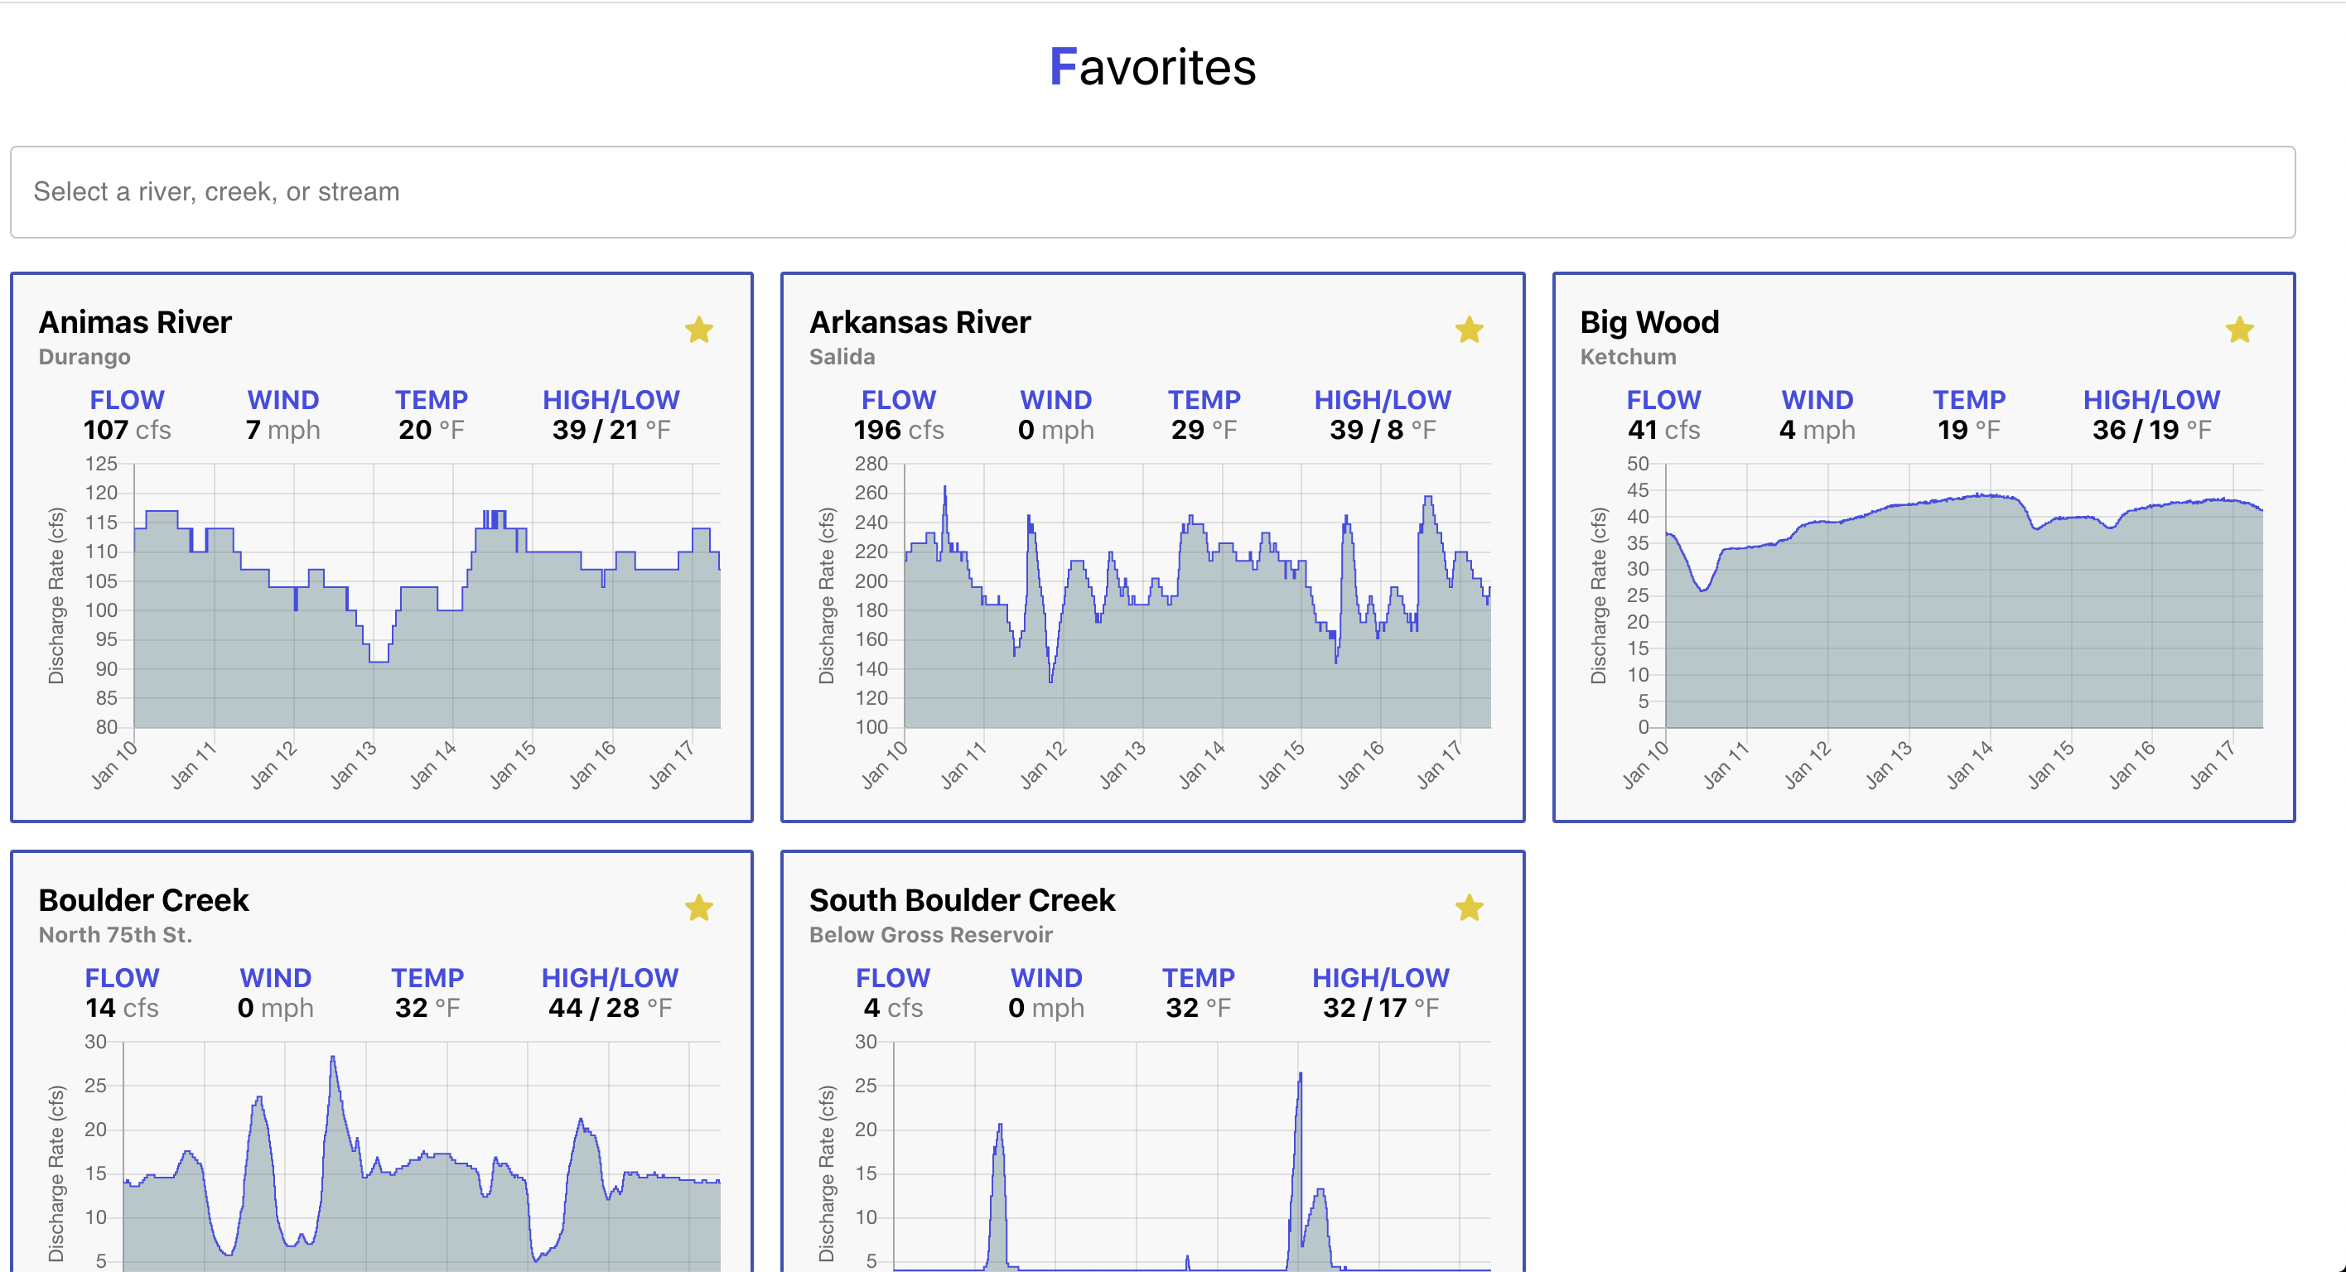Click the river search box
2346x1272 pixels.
click(x=1152, y=192)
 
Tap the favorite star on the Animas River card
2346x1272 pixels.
click(x=698, y=330)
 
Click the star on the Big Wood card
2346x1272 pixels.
click(x=2239, y=330)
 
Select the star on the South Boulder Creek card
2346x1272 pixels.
click(x=1469, y=908)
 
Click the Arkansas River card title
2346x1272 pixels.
click(x=920, y=322)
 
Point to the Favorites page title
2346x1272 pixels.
click(x=1152, y=67)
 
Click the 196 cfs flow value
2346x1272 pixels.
click(x=898, y=430)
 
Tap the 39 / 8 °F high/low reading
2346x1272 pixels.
click(x=1382, y=430)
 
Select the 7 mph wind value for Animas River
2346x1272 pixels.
click(x=282, y=430)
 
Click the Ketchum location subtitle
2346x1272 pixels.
click(x=1628, y=357)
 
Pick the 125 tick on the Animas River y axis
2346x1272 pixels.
click(x=101, y=464)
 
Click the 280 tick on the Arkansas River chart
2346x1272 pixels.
click(x=871, y=464)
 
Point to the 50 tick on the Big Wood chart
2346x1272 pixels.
click(x=1638, y=464)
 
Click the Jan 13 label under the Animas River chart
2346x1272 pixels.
click(x=354, y=764)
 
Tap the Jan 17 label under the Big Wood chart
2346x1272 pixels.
click(x=2213, y=764)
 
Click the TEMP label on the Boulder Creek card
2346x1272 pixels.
click(x=427, y=978)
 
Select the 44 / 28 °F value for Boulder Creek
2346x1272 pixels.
click(x=609, y=1008)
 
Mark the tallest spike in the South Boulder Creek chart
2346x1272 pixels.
click(x=1300, y=1076)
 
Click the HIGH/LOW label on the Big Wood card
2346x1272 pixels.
click(x=2151, y=400)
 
